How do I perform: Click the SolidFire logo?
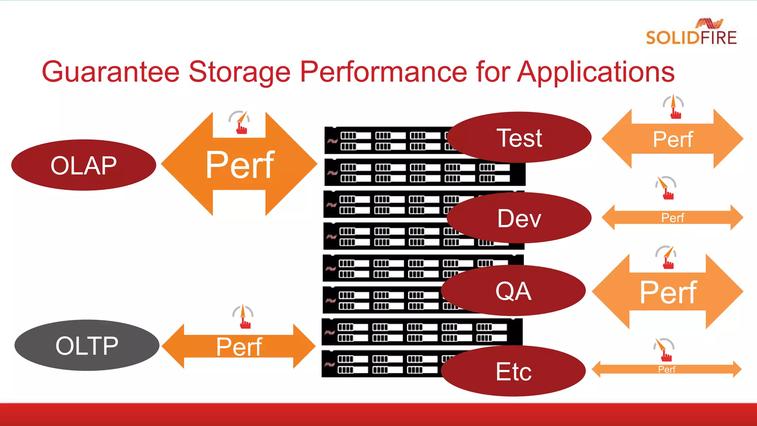click(691, 33)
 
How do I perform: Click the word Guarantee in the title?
click(111, 72)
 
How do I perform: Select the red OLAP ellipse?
click(84, 165)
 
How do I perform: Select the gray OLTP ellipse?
click(87, 345)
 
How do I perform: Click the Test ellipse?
click(519, 138)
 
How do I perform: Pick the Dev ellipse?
click(519, 218)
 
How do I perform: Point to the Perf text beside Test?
click(672, 139)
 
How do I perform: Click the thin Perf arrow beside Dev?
click(672, 218)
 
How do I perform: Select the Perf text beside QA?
click(668, 292)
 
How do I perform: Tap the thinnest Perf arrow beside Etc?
click(666, 369)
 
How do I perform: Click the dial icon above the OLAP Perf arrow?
click(240, 122)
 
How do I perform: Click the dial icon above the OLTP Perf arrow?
click(243, 317)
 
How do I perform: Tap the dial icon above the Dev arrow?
click(666, 188)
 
